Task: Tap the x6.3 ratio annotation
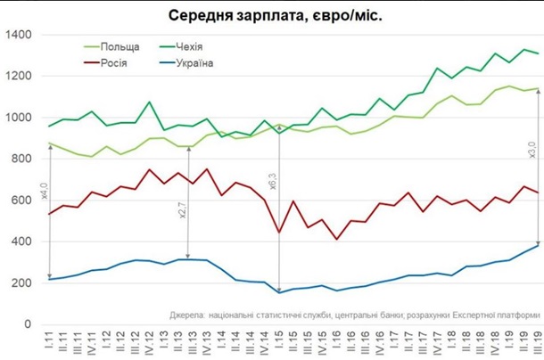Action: (274, 181)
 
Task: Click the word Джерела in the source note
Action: (188, 315)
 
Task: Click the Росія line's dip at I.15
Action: (280, 233)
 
